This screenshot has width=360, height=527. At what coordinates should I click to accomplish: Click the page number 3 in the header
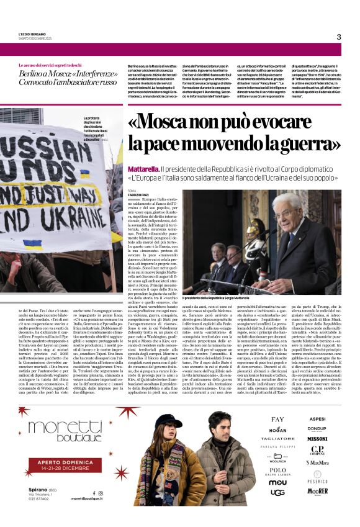click(x=339, y=37)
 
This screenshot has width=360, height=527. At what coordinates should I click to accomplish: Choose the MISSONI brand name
click(x=318, y=439)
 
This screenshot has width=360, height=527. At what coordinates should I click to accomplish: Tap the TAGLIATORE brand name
click(x=277, y=439)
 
